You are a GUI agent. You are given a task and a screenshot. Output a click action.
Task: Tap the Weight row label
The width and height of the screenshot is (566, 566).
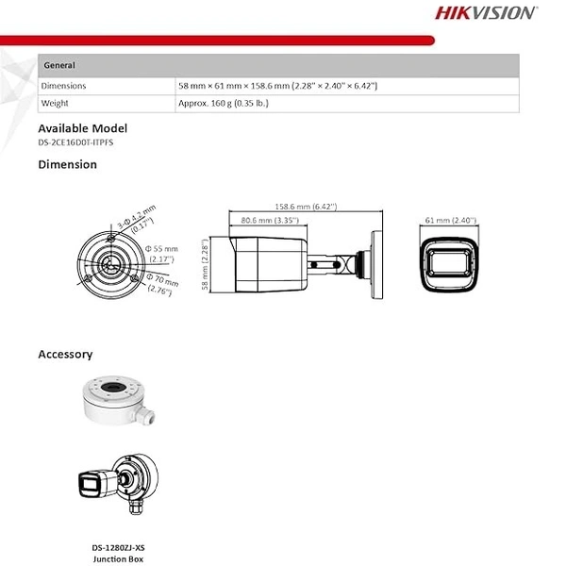(56, 103)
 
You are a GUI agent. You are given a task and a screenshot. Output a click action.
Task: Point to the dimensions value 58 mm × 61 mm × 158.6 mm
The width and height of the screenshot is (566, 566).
(277, 86)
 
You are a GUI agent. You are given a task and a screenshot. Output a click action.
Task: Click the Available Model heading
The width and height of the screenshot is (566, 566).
(82, 128)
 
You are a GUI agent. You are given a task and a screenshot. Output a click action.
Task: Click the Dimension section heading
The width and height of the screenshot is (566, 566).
(67, 164)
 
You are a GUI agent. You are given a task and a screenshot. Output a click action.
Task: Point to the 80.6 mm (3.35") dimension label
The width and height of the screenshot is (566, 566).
(270, 220)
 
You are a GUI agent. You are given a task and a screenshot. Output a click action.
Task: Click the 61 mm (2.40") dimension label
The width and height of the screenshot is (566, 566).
(450, 220)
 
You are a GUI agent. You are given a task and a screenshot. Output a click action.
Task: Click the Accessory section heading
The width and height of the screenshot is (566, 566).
(65, 355)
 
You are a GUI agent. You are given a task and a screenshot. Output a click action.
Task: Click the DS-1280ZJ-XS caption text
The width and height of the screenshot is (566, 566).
(119, 547)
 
